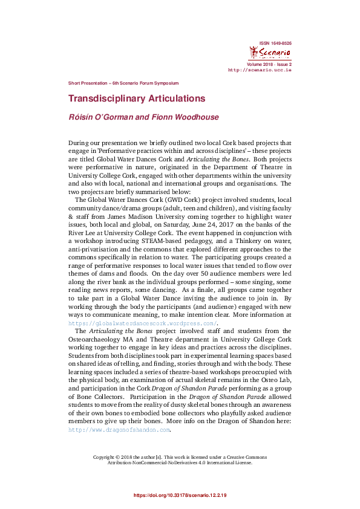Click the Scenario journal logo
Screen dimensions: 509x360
(x=270, y=54)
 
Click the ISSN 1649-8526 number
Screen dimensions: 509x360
(x=275, y=44)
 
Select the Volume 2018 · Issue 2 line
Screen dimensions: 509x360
(x=269, y=64)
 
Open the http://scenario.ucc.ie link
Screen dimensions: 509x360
(x=260, y=70)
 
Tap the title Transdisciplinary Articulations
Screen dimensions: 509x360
(x=136, y=99)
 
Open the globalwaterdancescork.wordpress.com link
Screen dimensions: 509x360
(x=142, y=324)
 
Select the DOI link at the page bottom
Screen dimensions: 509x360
(x=180, y=496)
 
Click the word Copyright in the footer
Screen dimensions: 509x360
(x=106, y=457)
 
